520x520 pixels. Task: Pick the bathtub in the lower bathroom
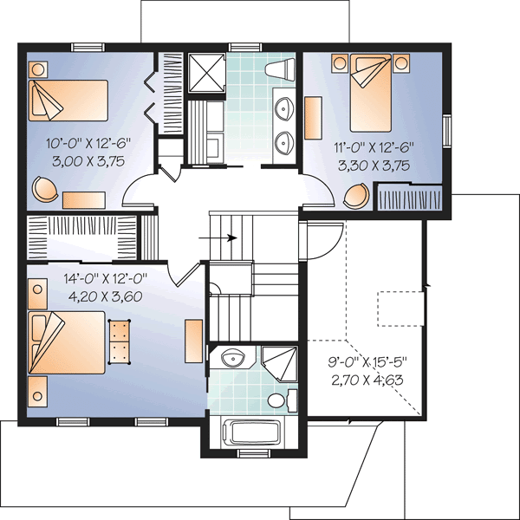coord(252,432)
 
